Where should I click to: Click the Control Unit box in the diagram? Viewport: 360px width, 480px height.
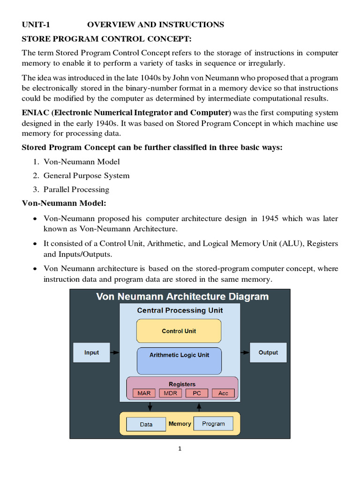(x=179, y=331)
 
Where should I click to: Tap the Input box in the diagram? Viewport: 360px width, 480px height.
(x=91, y=352)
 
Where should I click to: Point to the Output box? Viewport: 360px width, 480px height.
(x=268, y=352)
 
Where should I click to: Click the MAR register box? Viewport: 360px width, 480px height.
(x=144, y=393)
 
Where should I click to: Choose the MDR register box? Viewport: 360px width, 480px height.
(x=170, y=393)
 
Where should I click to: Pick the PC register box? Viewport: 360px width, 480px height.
(x=197, y=393)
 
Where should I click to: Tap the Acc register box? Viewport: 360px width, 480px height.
(x=223, y=393)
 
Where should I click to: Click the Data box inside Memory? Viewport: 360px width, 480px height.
(x=146, y=424)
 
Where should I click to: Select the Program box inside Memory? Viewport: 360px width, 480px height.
(x=213, y=424)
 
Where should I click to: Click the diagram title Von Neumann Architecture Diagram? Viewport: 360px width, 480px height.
(x=182, y=297)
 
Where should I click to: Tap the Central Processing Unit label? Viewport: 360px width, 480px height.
(x=180, y=310)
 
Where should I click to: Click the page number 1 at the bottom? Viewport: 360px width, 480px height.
(x=180, y=449)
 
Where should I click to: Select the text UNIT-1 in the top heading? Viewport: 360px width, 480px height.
(x=36, y=24)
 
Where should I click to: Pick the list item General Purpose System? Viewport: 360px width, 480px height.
(x=86, y=176)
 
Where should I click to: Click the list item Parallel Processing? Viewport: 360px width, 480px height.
(x=76, y=189)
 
